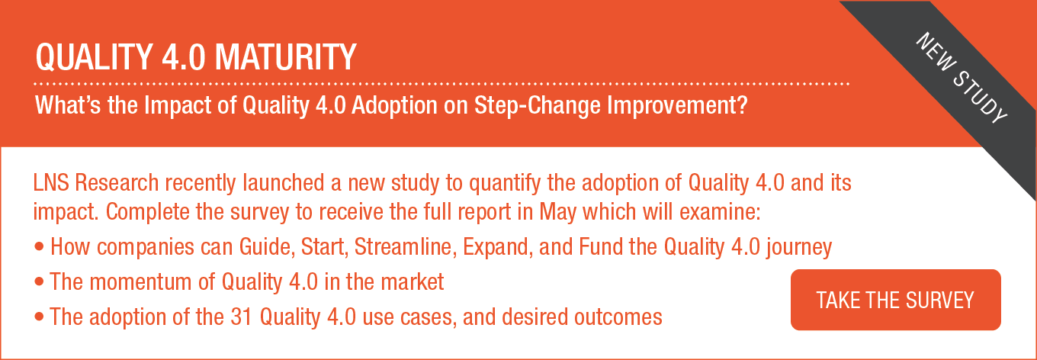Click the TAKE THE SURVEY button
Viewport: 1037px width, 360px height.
[895, 300]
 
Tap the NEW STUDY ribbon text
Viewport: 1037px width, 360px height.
[961, 78]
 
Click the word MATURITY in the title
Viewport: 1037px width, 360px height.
[285, 57]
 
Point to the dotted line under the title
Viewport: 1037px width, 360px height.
[441, 84]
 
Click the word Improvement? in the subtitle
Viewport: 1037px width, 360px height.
[677, 106]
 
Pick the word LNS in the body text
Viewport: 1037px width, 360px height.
[51, 182]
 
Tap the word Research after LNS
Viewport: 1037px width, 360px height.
[117, 182]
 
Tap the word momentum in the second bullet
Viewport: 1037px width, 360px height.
[152, 282]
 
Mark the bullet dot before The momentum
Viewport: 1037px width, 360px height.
[40, 281]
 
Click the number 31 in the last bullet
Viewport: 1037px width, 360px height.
[241, 317]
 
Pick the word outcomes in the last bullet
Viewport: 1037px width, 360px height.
[618, 317]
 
